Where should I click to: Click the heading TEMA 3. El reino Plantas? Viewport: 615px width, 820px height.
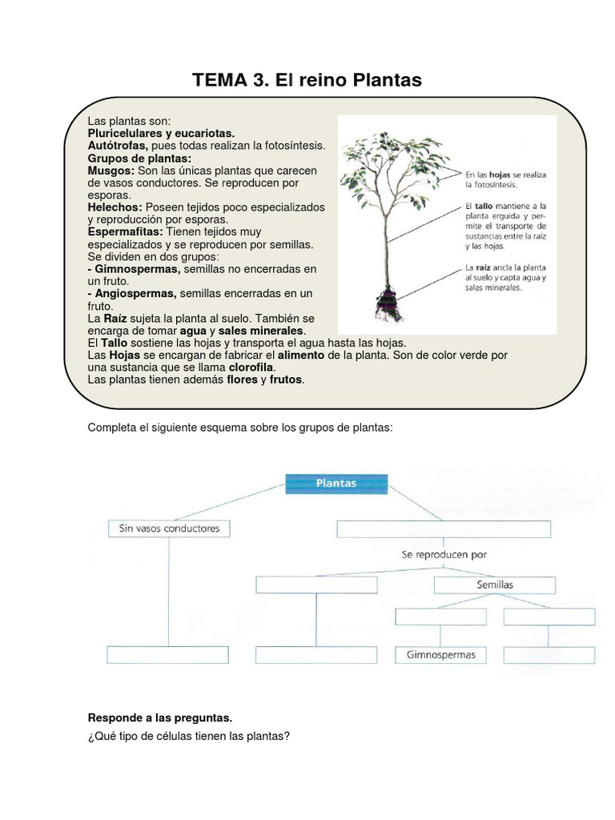point(307,80)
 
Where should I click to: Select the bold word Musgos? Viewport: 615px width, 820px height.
point(111,171)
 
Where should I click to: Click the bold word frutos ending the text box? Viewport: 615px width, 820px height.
point(287,379)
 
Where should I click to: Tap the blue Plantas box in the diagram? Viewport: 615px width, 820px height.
point(336,484)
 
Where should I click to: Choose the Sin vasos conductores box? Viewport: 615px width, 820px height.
point(168,529)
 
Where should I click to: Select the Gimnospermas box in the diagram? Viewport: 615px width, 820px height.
point(440,655)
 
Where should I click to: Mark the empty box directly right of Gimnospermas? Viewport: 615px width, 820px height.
point(549,655)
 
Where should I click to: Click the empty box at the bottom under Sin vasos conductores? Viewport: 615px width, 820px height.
point(168,655)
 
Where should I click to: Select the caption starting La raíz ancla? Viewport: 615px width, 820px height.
point(505,276)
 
